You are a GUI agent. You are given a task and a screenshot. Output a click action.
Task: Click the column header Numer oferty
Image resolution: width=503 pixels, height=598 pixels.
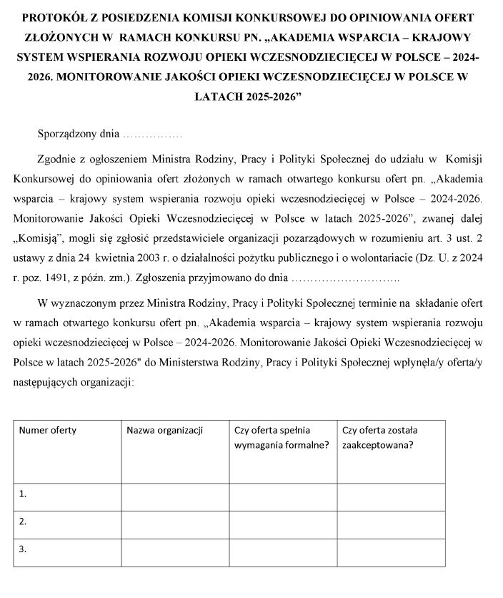[x=47, y=431]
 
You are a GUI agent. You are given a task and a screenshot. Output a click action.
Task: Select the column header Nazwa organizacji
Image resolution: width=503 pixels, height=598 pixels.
[x=164, y=431]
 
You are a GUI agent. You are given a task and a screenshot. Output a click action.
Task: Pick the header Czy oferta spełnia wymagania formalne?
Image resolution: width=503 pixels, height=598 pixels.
[x=282, y=438]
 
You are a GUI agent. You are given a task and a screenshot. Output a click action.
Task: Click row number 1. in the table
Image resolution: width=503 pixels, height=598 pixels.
[x=24, y=494]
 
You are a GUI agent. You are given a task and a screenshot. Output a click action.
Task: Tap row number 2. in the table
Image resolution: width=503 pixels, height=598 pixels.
[x=24, y=521]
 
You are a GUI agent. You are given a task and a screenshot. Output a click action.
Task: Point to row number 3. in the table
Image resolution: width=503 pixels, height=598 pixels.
[x=24, y=549]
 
